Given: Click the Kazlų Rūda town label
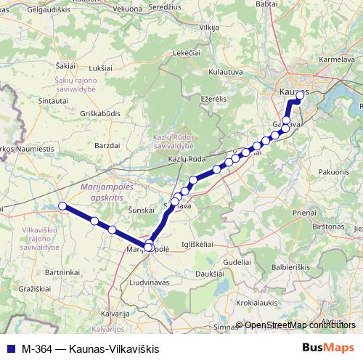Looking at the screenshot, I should coord(184,158).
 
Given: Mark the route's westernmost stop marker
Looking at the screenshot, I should coord(62,206).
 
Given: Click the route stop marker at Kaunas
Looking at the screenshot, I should coord(300,94).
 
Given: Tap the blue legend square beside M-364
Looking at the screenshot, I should coord(9,348).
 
